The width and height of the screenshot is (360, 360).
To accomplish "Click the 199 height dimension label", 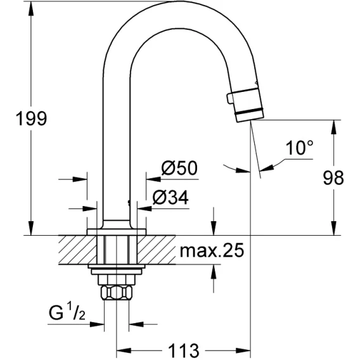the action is tap(31, 119).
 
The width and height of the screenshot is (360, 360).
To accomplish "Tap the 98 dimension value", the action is tap(333, 177).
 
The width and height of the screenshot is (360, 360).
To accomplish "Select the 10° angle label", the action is tap(300, 148).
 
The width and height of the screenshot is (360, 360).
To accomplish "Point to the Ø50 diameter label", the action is tap(179, 168).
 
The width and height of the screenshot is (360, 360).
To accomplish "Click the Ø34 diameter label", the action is tap(170, 198).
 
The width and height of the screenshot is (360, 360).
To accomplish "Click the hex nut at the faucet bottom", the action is tap(117, 293).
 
